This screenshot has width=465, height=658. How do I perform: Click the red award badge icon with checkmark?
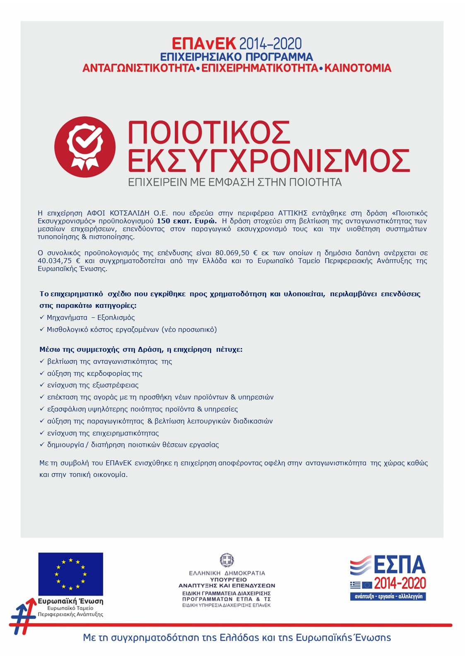(x=85, y=147)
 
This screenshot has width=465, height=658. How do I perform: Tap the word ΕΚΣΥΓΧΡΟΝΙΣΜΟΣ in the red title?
(x=268, y=160)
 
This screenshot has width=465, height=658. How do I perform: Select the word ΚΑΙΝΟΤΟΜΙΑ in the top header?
(x=358, y=68)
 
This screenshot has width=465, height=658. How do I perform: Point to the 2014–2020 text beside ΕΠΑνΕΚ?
(x=270, y=44)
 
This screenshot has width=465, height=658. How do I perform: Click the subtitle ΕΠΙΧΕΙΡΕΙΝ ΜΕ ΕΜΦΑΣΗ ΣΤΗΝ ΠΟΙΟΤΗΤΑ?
(x=234, y=182)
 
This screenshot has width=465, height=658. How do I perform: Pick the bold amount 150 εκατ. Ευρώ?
(x=186, y=221)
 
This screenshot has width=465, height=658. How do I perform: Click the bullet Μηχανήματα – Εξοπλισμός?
(x=91, y=317)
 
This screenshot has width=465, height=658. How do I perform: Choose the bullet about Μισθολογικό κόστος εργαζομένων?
(x=132, y=329)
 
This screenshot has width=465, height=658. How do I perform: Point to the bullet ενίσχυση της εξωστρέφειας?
(x=93, y=385)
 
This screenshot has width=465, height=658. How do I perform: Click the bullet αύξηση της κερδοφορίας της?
(x=94, y=373)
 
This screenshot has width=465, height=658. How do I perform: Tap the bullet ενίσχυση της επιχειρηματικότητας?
(x=103, y=433)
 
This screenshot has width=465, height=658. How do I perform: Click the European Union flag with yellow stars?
(x=71, y=574)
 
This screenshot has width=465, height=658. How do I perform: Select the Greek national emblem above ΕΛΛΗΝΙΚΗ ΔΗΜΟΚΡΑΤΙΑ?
(x=226, y=560)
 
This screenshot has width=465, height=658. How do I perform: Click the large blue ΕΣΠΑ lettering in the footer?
(x=400, y=565)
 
